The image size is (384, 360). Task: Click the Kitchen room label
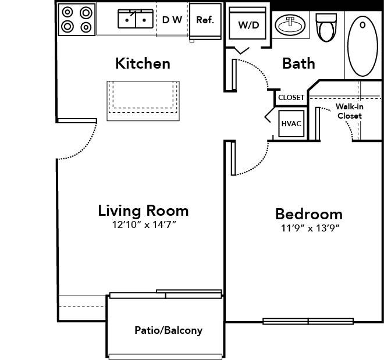click(x=143, y=63)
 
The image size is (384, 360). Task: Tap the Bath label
click(x=298, y=63)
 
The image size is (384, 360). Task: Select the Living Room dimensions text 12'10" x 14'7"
click(x=144, y=224)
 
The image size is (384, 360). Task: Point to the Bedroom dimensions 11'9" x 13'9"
click(x=310, y=228)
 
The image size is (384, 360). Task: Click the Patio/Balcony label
click(x=169, y=330)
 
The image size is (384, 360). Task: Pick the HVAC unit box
click(x=291, y=124)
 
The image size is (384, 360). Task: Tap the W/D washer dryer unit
click(x=247, y=23)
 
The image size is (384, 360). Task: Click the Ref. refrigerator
click(x=205, y=21)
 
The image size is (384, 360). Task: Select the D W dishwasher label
click(x=172, y=20)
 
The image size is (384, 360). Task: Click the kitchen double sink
click(x=136, y=19)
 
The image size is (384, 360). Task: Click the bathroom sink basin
click(x=290, y=25)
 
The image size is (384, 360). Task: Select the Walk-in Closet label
click(x=350, y=111)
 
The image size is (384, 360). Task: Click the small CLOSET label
click(x=291, y=98)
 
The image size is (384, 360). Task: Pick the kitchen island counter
click(x=143, y=101)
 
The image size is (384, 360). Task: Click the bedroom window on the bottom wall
click(x=308, y=322)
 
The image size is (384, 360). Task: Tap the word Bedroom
click(x=309, y=214)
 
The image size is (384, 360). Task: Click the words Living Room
click(x=144, y=211)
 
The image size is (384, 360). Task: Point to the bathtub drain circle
click(x=362, y=25)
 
